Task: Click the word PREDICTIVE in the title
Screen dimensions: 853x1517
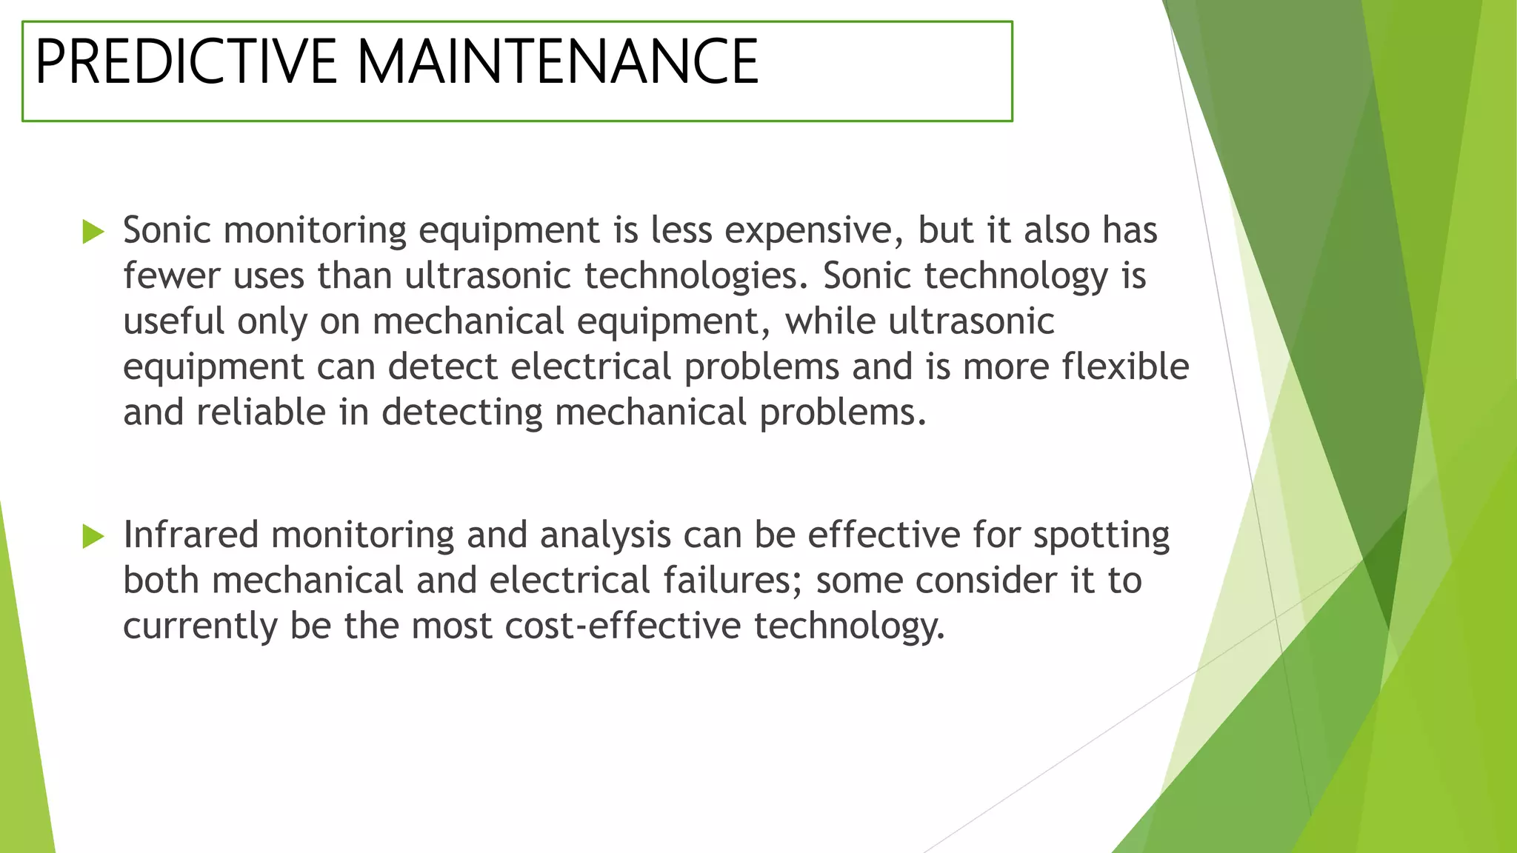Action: click(x=186, y=61)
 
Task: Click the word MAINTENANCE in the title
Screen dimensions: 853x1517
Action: click(x=558, y=61)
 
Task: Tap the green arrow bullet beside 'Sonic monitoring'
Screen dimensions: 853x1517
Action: click(x=93, y=232)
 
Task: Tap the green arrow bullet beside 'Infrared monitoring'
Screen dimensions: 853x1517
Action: click(x=93, y=536)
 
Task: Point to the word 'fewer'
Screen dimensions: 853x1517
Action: click(x=172, y=276)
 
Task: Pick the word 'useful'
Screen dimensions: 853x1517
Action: click(x=173, y=321)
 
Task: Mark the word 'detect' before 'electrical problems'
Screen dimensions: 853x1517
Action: click(x=442, y=367)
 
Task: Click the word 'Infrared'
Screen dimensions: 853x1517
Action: click(x=190, y=535)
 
